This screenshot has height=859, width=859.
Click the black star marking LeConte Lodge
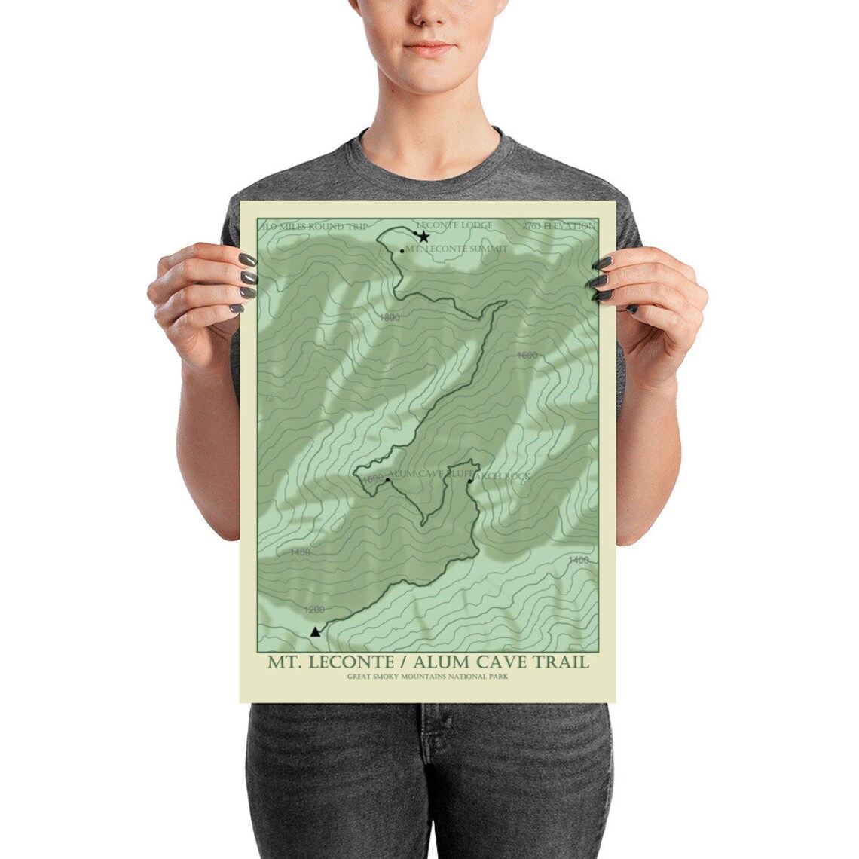pos(423,237)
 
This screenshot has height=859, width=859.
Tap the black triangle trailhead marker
pos(315,631)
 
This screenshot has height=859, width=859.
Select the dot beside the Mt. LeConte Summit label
pos(402,250)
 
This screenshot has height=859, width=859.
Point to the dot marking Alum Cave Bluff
pos(387,479)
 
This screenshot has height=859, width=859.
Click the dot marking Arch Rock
pos(469,480)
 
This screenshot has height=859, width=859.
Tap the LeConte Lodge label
pos(454,225)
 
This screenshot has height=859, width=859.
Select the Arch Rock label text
pos(503,476)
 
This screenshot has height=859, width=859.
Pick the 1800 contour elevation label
pos(390,318)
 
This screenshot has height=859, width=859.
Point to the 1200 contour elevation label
pos(314,609)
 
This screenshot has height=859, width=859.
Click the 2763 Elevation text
pos(558,226)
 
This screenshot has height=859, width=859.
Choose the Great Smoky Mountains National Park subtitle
pos(428,677)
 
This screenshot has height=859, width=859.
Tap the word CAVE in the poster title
pos(500,662)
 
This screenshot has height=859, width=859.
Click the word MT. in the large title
pos(285,662)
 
